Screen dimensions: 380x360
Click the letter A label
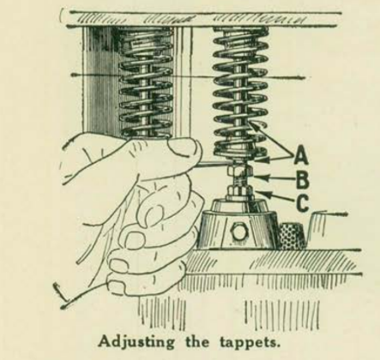(x=301, y=156)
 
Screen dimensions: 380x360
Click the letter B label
(x=302, y=179)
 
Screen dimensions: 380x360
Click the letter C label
(x=302, y=202)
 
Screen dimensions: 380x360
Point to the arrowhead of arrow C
(x=258, y=192)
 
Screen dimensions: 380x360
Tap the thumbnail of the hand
(x=183, y=147)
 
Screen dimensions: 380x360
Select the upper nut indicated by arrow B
(x=239, y=172)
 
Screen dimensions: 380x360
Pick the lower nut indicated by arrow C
(x=239, y=190)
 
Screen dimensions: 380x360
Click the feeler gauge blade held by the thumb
(x=213, y=163)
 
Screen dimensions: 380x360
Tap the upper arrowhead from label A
(x=252, y=125)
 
